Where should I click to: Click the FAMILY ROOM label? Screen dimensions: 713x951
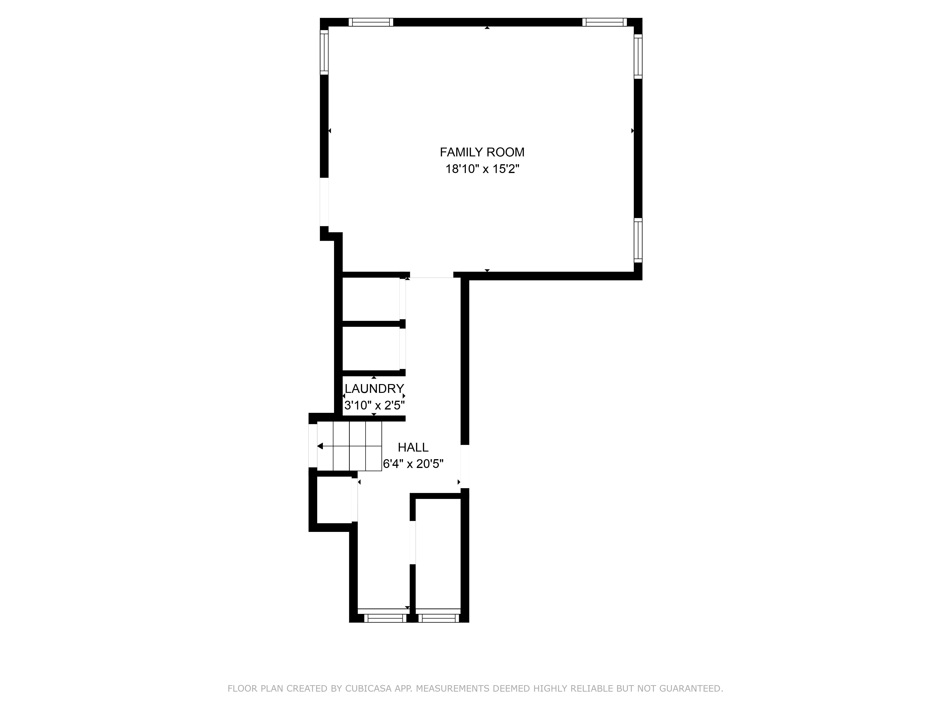482,152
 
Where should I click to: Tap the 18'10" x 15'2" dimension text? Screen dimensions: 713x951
482,169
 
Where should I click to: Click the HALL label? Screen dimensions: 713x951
413,447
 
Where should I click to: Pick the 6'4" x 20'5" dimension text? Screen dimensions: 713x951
413,464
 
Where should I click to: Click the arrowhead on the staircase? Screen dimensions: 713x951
320,446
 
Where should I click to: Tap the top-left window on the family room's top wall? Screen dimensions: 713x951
371,22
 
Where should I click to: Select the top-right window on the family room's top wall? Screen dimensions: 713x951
604,22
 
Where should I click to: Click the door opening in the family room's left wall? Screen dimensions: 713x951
324,202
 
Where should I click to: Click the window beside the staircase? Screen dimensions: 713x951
313,445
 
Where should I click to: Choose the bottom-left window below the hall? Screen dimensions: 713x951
385,618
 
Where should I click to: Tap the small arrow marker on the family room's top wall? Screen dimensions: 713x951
487,28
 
